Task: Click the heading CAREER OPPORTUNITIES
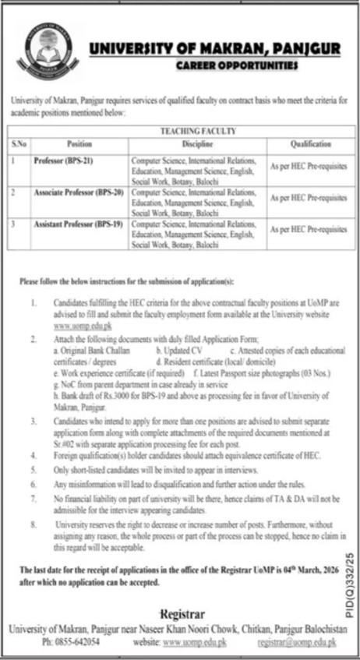pyautogui.click(x=236, y=67)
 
